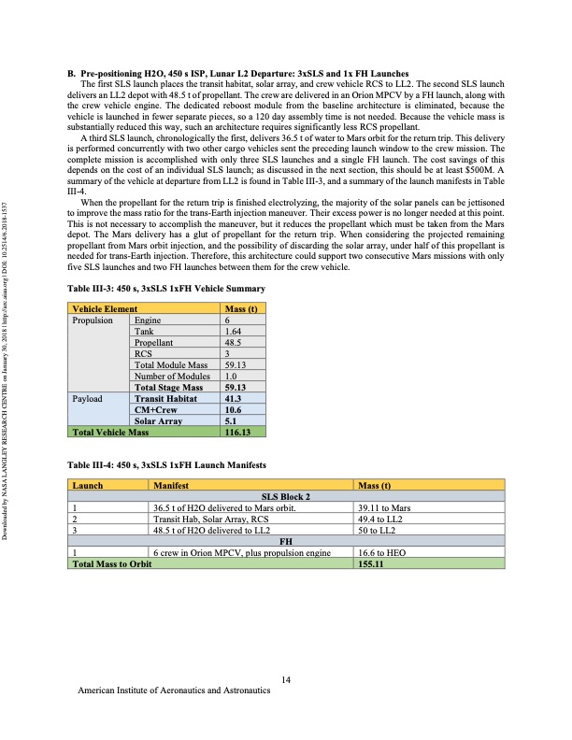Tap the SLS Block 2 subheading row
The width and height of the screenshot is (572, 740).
click(x=287, y=497)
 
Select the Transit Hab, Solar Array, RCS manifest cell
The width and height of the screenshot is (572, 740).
click(x=211, y=519)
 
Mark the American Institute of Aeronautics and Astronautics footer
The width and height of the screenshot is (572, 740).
click(x=174, y=692)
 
